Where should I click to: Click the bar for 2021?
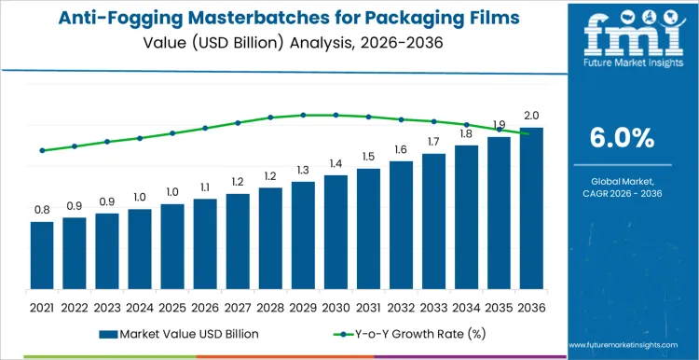[42, 256]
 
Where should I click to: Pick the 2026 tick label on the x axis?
[205, 306]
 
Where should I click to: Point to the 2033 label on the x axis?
[433, 306]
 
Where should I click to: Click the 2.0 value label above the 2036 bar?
[531, 116]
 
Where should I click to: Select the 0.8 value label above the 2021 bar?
[42, 210]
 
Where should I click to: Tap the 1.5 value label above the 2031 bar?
[368, 157]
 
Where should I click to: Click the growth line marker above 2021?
[42, 150]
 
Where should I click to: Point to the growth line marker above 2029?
[303, 115]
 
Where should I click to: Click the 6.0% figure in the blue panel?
[623, 138]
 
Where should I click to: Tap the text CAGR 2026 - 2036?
[623, 192]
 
